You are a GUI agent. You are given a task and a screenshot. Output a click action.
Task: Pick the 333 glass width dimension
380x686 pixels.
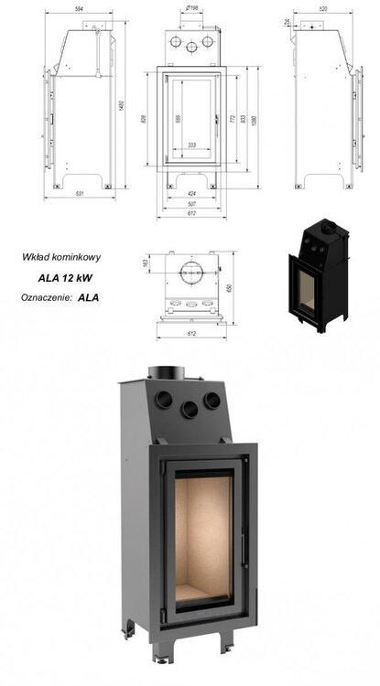pyautogui.click(x=190, y=145)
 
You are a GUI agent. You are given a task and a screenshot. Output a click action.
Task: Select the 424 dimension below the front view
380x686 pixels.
pyautogui.click(x=190, y=193)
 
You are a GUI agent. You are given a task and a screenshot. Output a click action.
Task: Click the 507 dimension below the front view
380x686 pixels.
pyautogui.click(x=190, y=204)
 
